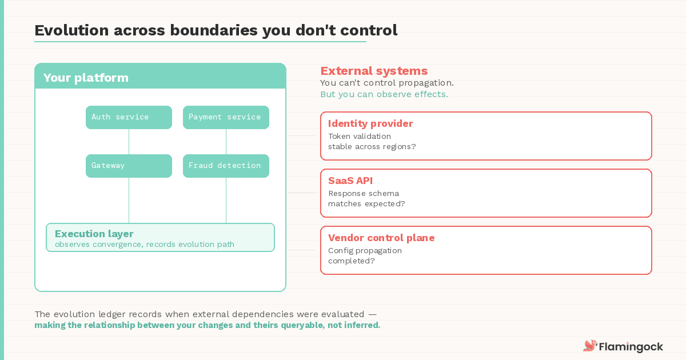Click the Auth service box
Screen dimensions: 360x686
click(129, 117)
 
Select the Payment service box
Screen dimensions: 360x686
click(226, 117)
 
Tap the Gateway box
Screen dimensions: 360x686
click(129, 166)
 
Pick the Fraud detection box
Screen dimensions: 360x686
click(226, 166)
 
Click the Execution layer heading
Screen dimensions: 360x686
click(94, 234)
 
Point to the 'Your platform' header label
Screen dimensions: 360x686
click(86, 78)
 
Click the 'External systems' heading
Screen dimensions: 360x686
click(374, 71)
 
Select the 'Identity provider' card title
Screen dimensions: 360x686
click(370, 123)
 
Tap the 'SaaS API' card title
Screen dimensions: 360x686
click(350, 181)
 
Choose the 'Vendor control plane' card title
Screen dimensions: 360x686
click(381, 238)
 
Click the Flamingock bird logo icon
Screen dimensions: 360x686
click(589, 346)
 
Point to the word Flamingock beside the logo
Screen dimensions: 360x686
click(631, 346)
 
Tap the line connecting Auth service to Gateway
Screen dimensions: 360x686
click(129, 142)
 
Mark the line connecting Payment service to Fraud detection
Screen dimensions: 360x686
click(226, 142)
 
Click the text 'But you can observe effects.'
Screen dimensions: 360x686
click(384, 94)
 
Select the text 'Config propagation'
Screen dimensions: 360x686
click(365, 250)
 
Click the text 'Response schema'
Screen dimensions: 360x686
click(364, 193)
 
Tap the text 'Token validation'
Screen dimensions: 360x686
click(360, 136)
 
